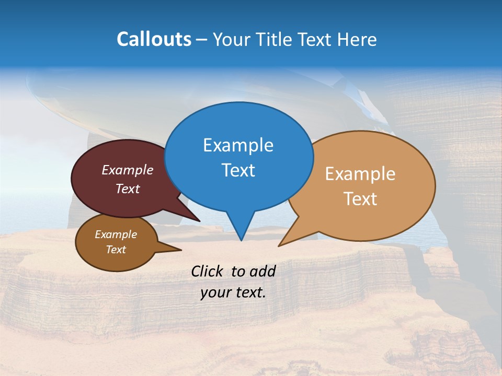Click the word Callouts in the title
154,39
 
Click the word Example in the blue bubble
238,145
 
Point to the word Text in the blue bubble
238,170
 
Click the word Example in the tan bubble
360,174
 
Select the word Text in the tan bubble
360,198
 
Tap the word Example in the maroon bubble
128,170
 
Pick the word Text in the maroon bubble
128,189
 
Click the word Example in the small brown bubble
116,234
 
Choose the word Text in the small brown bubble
116,250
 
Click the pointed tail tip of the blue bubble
241,240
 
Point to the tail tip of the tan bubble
279,245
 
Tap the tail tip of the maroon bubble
200,221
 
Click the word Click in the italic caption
207,271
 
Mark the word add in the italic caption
263,271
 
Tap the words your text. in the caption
233,292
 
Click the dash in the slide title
202,40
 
